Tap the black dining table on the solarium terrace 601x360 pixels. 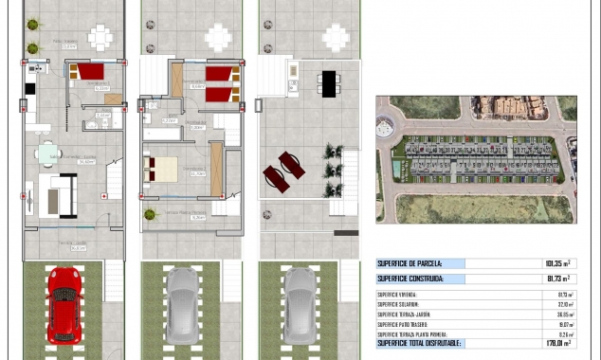pyautogui.click(x=328, y=83)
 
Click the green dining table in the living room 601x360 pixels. pyautogui.click(x=47, y=153)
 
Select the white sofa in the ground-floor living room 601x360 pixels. pyautogui.click(x=57, y=195)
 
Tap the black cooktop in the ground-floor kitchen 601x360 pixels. pyautogui.click(x=29, y=88)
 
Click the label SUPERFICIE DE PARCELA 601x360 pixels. pyautogui.click(x=409, y=263)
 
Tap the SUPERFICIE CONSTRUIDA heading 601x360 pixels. pyautogui.click(x=410, y=279)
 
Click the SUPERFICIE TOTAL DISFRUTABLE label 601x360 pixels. pyautogui.click(x=418, y=343)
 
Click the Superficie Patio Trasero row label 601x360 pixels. pyautogui.click(x=402, y=324)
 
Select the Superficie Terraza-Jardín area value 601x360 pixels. pyautogui.click(x=566, y=314)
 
